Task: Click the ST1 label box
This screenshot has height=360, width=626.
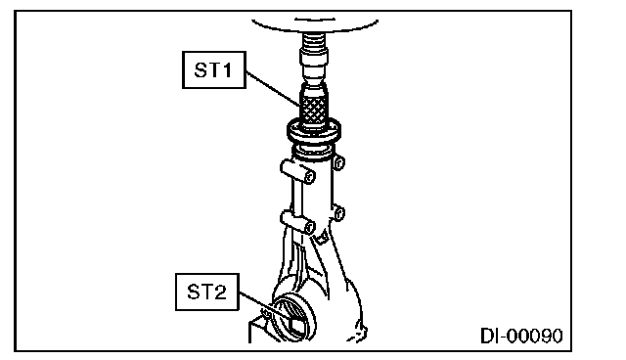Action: click(x=214, y=69)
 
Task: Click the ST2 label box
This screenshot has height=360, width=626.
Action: click(x=207, y=292)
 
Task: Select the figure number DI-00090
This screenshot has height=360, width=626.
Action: click(x=521, y=336)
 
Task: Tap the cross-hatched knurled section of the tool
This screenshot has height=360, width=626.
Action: click(x=314, y=109)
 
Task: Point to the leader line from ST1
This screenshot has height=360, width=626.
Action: click(x=273, y=89)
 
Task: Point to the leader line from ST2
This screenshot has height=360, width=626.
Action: click(x=265, y=306)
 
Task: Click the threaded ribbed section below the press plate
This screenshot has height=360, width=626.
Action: click(x=314, y=41)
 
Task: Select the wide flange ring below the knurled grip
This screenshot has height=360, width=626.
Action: click(x=314, y=132)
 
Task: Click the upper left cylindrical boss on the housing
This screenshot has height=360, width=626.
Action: click(x=297, y=171)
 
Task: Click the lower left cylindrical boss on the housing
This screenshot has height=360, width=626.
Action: click(x=297, y=222)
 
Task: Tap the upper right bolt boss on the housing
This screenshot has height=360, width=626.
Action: click(x=338, y=162)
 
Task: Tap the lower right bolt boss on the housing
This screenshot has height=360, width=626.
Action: click(x=338, y=213)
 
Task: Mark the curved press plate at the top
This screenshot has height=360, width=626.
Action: click(x=315, y=26)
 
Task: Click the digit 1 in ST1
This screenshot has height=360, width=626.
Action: click(x=226, y=70)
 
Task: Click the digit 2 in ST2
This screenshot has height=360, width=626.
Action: click(x=219, y=292)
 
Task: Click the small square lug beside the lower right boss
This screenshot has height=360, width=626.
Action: click(x=322, y=239)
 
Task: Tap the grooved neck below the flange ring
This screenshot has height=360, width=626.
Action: click(x=313, y=153)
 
